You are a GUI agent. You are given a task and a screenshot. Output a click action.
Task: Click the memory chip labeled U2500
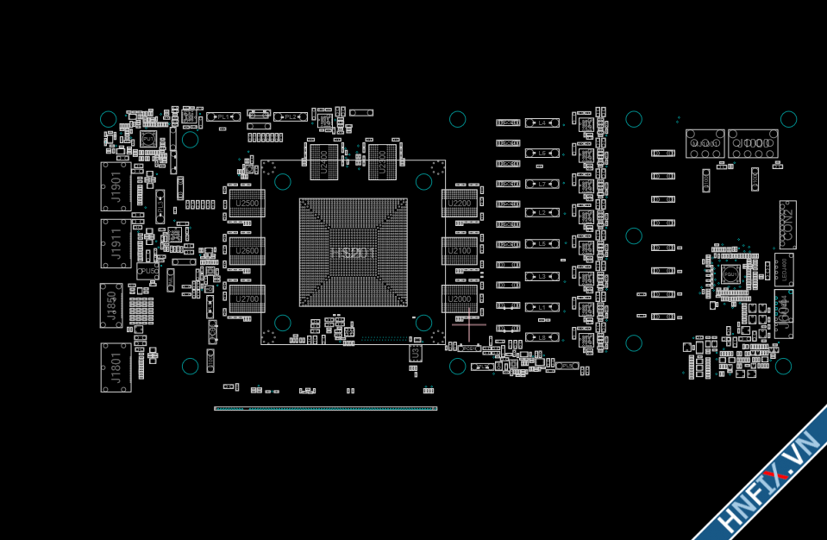point(247,203)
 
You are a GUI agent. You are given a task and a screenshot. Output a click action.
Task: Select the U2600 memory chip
point(247,250)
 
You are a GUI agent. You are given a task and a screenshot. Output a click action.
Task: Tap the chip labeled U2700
point(247,298)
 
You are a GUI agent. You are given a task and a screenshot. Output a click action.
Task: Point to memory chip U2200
point(460,203)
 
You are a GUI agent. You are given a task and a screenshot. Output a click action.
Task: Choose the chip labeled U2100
point(460,250)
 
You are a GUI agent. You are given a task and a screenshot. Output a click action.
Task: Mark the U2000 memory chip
point(460,298)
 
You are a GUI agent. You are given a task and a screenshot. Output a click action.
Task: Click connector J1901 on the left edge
point(116,185)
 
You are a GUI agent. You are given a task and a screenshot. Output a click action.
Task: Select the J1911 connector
point(116,242)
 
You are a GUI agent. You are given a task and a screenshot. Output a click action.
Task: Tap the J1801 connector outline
point(116,367)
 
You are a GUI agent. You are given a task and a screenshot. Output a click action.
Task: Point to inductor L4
point(542,123)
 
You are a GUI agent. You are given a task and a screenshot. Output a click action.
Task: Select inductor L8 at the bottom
point(542,337)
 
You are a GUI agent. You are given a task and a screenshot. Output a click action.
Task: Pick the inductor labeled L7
point(542,184)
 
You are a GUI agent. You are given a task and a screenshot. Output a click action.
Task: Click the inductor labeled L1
point(542,307)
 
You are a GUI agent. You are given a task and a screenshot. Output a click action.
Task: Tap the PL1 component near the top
point(222,116)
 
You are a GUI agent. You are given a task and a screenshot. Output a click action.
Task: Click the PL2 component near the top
point(291,116)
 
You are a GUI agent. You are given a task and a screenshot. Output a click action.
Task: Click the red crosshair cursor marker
point(468,326)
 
